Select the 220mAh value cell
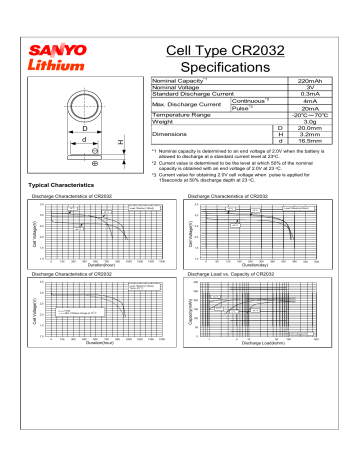coord(309,79)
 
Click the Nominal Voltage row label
coord(180,87)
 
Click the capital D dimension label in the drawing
coord(85,128)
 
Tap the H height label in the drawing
coord(122,144)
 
